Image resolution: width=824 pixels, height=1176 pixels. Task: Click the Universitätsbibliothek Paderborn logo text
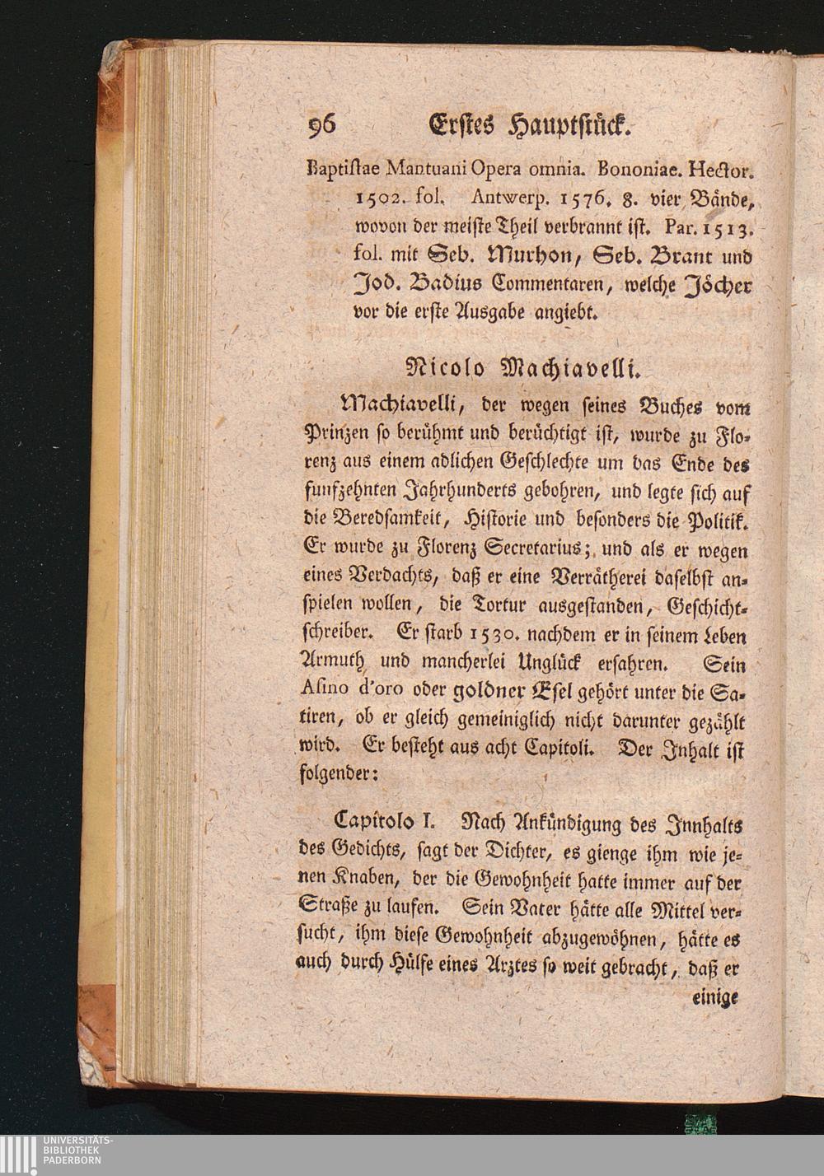tap(78, 1150)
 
